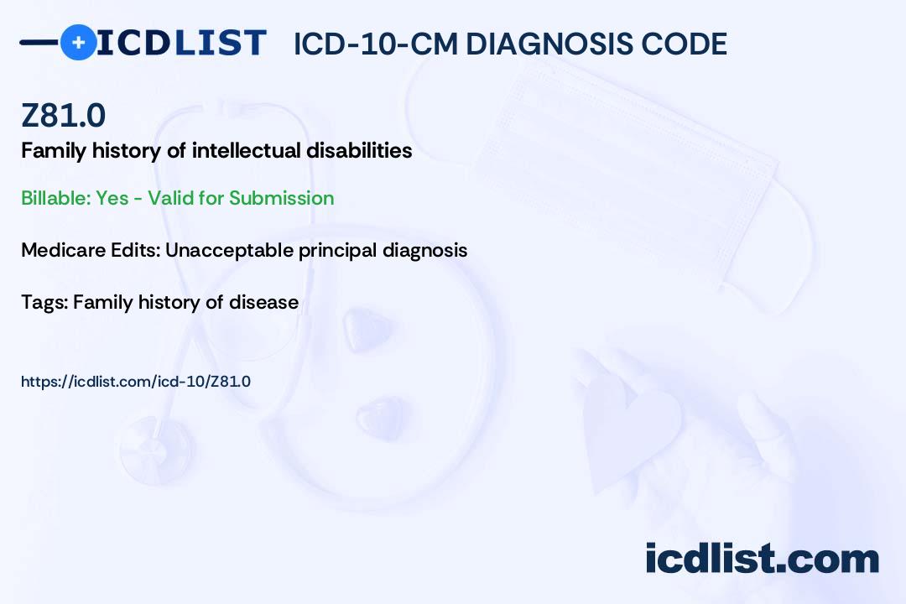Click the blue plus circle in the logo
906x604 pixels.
point(78,42)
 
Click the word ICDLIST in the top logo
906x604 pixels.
point(181,43)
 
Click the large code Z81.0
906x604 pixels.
point(64,115)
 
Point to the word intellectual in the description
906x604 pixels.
point(246,150)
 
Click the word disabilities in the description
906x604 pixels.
point(359,150)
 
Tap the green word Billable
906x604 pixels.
point(56,198)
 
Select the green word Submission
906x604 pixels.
point(281,198)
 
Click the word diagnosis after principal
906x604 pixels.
point(424,250)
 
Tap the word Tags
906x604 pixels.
point(44,302)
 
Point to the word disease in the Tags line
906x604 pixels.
point(263,302)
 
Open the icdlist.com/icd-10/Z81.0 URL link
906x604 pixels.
point(136,382)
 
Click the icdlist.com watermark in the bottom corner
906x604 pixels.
point(762,558)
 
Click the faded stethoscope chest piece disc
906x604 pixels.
point(156,450)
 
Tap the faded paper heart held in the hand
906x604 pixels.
point(630,428)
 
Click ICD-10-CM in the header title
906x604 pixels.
point(376,44)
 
